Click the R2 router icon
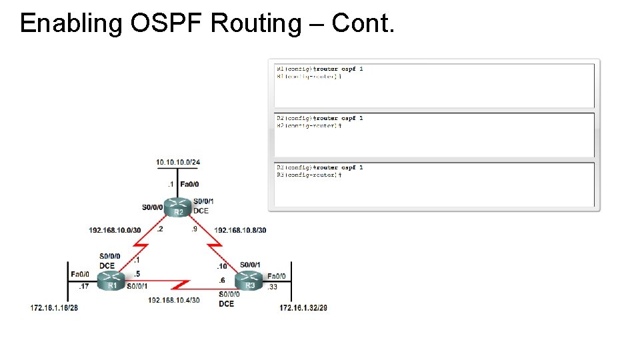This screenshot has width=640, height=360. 178,207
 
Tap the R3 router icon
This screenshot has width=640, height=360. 249,282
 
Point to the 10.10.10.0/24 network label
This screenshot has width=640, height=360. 177,162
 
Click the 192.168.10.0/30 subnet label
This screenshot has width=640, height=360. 115,230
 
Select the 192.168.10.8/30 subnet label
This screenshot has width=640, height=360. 240,230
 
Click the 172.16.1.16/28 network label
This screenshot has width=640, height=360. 54,308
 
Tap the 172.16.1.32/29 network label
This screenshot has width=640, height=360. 303,308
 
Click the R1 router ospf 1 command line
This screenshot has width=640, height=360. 319,69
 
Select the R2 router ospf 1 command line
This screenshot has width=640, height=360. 319,118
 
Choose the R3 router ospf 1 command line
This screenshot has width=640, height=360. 319,167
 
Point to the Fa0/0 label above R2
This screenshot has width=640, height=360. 189,184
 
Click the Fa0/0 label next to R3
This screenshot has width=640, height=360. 277,276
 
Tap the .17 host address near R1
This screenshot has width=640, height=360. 83,287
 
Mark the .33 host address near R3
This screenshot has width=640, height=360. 272,287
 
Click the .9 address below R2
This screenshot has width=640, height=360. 194,229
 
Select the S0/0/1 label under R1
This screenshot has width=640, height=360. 137,287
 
